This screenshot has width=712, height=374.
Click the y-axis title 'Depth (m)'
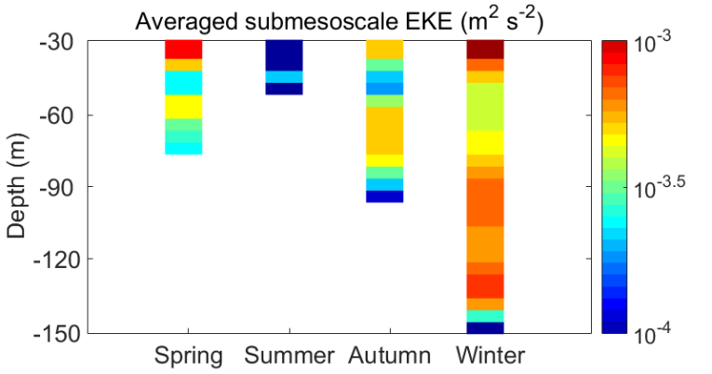click(18, 187)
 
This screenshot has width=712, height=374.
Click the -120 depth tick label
click(60, 260)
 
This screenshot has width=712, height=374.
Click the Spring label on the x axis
click(189, 356)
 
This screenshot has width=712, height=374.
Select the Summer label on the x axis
click(289, 356)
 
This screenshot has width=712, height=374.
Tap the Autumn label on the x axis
click(390, 356)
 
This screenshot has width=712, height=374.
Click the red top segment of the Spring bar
click(183, 49)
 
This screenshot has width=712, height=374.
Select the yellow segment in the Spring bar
click(183, 106)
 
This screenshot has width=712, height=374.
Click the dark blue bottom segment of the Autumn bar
click(384, 195)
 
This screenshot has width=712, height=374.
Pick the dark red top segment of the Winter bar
click(485, 49)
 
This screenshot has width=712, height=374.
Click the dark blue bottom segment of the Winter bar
click(485, 327)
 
